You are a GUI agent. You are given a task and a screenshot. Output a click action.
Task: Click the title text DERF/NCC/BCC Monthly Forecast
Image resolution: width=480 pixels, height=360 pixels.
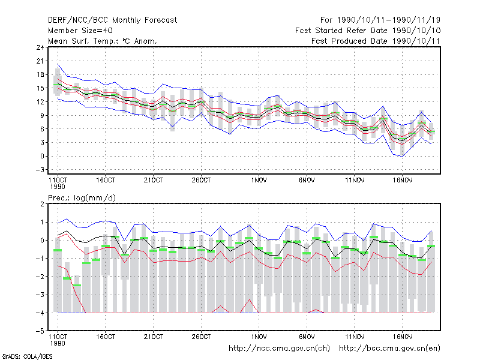(112, 20)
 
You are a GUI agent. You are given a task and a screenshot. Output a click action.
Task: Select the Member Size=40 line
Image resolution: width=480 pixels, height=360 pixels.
(80, 31)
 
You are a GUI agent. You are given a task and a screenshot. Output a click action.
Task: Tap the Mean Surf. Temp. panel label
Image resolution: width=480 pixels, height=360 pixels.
(103, 41)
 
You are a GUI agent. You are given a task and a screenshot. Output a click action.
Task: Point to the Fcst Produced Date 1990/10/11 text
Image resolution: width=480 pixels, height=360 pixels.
(376, 41)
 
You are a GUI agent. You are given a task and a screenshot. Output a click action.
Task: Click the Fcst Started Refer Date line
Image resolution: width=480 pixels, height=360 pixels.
(368, 31)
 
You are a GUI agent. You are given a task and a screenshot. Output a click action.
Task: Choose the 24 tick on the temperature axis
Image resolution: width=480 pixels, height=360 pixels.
(40, 47)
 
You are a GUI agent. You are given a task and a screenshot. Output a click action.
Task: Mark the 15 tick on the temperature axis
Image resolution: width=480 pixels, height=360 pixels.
(40, 88)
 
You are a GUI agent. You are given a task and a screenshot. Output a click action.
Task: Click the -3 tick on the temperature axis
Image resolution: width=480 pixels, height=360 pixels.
(40, 170)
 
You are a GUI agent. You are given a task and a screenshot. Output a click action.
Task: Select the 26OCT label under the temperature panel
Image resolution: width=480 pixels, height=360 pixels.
(201, 181)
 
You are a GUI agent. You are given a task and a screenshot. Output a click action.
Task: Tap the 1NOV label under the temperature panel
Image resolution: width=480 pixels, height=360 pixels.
(259, 181)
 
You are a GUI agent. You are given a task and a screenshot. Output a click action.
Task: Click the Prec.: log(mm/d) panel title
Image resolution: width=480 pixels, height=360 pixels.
(82, 198)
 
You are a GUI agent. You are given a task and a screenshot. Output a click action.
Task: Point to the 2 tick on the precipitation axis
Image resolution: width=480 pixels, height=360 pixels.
(42, 204)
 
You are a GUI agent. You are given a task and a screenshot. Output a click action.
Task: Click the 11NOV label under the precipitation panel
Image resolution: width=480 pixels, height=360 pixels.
(355, 337)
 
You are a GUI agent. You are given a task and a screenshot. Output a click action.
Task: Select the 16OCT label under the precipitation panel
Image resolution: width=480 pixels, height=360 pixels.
(106, 337)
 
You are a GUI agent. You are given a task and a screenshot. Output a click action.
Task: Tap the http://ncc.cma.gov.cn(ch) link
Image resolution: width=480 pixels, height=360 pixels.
(279, 349)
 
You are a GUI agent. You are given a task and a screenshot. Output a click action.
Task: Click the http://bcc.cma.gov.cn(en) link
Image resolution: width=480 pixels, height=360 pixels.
(389, 349)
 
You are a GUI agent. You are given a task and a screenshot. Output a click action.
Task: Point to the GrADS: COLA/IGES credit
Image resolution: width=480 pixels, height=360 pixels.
(27, 356)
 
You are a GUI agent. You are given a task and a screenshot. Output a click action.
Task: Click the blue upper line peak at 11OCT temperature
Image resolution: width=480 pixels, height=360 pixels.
(58, 64)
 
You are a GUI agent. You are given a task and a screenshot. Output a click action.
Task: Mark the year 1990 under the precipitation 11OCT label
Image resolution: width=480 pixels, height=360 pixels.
(58, 343)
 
